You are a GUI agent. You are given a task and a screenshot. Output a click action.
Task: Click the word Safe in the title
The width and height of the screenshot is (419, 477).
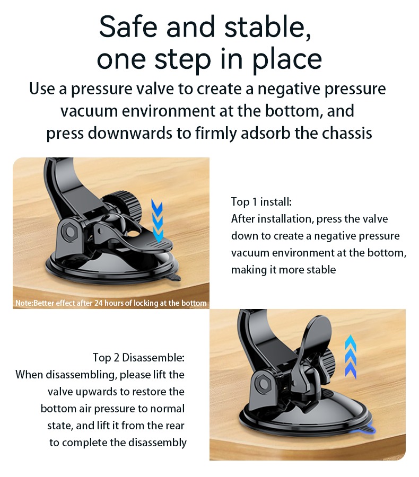(x=128, y=27)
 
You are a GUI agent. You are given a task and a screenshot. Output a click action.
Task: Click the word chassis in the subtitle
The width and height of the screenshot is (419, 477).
(x=347, y=133)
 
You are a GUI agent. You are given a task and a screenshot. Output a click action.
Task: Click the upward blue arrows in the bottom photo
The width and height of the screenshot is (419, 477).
(x=351, y=357)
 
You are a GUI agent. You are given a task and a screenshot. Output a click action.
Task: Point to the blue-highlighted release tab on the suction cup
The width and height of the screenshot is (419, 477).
(x=366, y=430)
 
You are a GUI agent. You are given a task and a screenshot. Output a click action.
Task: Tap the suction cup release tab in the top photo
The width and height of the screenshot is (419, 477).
(x=173, y=278)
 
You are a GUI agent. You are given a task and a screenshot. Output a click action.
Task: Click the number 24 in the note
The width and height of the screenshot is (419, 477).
(x=98, y=303)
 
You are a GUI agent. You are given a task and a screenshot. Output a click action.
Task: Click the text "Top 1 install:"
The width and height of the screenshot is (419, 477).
(x=261, y=202)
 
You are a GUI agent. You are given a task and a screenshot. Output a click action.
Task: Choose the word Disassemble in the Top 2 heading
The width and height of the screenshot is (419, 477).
(x=153, y=357)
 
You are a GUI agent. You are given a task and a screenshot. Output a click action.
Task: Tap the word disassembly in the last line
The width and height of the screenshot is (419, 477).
(x=157, y=443)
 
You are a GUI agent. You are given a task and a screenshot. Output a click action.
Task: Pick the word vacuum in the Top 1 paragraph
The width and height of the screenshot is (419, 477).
(x=250, y=253)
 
